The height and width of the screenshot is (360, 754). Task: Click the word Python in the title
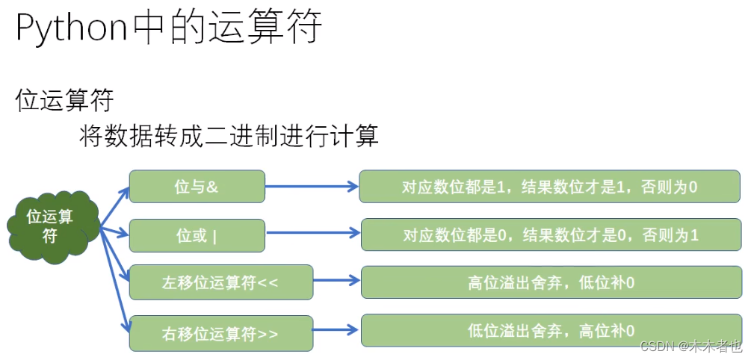pos(72,29)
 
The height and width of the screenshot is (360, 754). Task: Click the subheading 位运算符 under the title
pos(64,100)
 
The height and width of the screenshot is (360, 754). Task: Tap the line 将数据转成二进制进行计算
pos(229,136)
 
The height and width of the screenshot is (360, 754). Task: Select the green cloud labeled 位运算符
pos(50,225)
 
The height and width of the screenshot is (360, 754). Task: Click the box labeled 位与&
pos(197,187)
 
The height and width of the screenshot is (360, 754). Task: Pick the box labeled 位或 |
pos(197,235)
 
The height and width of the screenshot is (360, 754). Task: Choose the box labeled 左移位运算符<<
pos(220,283)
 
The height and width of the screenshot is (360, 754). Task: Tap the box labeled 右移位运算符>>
pos(220,333)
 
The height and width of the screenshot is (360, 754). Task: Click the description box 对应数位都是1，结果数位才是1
pos(549,187)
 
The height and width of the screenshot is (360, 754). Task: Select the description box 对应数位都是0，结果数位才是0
pos(551,235)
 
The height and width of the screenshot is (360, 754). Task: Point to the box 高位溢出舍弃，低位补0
pos(551,282)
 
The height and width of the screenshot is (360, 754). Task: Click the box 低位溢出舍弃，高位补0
pos(551,329)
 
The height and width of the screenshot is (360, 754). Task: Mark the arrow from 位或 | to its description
pos(312,233)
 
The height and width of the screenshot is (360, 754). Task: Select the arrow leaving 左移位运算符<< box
pos(336,281)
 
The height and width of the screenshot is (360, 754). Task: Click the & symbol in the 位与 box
pos(213,187)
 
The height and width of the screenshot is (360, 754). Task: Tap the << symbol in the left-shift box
pos(267,283)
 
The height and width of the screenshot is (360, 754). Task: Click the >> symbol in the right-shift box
pos(267,334)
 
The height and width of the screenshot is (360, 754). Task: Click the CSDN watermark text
pos(690,347)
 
